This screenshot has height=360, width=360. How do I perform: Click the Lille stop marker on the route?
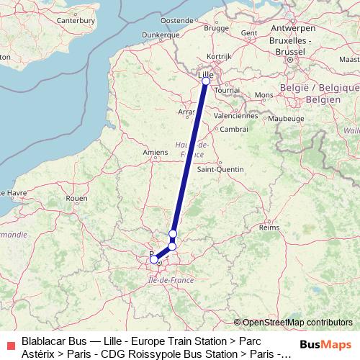click(x=206, y=81)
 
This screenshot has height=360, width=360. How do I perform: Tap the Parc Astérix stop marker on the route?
click(x=173, y=233)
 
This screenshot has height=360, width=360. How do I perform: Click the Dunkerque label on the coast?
click(x=161, y=34)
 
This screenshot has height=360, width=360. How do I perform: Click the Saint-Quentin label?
click(x=220, y=169)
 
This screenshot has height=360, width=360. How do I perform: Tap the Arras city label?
click(x=186, y=112)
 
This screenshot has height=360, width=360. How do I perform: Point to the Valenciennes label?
click(x=235, y=114)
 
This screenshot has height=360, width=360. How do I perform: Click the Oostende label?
click(x=175, y=20)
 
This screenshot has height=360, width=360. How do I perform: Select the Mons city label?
click(x=264, y=94)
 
